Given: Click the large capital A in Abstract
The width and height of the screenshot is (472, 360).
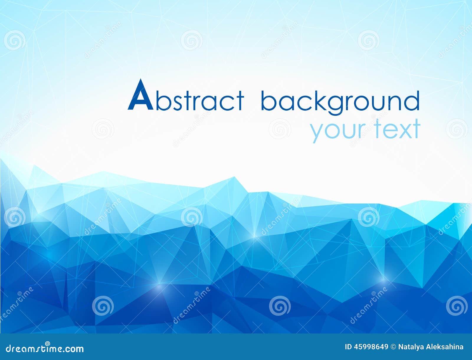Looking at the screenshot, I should pyautogui.click(x=140, y=95).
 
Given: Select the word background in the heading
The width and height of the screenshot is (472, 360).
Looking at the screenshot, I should pyautogui.click(x=340, y=102).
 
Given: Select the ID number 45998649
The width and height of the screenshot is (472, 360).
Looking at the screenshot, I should pyautogui.click(x=371, y=347).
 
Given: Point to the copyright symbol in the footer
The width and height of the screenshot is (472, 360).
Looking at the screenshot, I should pyautogui.click(x=393, y=347).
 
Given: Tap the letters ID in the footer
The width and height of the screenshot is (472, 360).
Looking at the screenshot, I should pyautogui.click(x=348, y=347).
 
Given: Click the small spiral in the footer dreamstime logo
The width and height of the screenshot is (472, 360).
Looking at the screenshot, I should pyautogui.click(x=47, y=344).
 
